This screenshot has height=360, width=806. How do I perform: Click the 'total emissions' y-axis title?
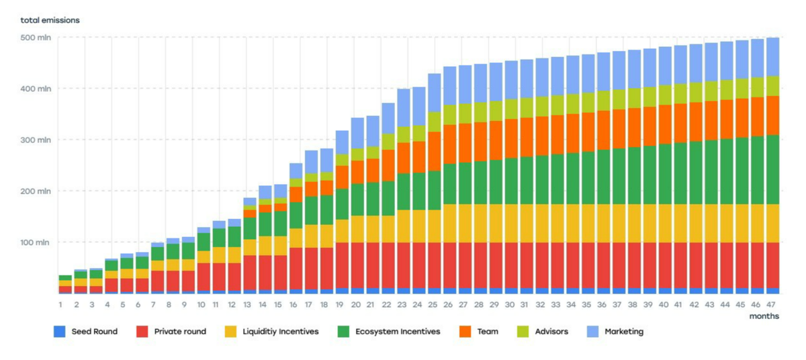point(50,20)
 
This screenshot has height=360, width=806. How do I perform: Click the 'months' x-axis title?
point(764,316)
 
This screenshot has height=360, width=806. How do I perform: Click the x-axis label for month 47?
point(772,305)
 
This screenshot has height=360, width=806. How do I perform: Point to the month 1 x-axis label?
point(60,305)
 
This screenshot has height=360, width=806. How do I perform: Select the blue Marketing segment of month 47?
point(773,57)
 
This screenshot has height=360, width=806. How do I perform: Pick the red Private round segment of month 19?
point(341,265)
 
